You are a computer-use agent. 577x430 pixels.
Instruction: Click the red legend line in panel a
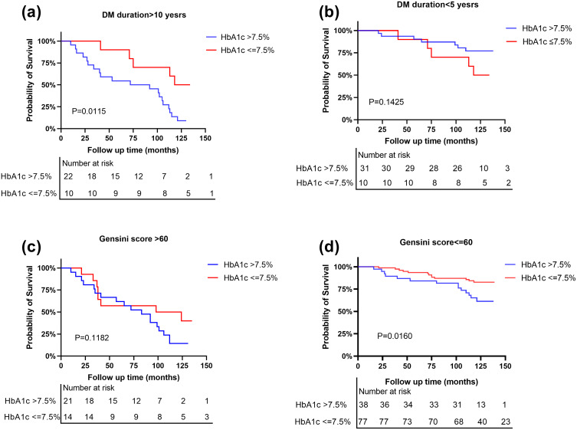coord(219,50)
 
